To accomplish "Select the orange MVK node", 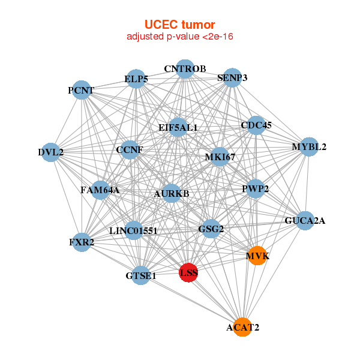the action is point(257,256).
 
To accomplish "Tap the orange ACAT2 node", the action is point(242,327).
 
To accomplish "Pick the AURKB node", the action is point(171,193).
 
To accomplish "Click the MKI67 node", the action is point(220,157).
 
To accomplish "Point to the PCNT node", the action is point(81,91).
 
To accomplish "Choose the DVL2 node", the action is point(52,152).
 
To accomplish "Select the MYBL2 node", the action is point(308,146).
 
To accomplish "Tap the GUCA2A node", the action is point(305,220).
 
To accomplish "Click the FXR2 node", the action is point(82,242).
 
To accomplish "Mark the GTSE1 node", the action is point(141,275).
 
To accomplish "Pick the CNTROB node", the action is point(185,68).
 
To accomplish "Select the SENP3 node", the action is point(232,77).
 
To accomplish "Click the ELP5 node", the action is point(136,79).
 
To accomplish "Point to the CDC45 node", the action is point(256,125).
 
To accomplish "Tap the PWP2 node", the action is point(256,188).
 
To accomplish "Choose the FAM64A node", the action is point(100,190).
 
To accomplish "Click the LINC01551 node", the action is point(133,230).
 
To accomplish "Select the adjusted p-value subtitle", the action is point(179,37).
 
